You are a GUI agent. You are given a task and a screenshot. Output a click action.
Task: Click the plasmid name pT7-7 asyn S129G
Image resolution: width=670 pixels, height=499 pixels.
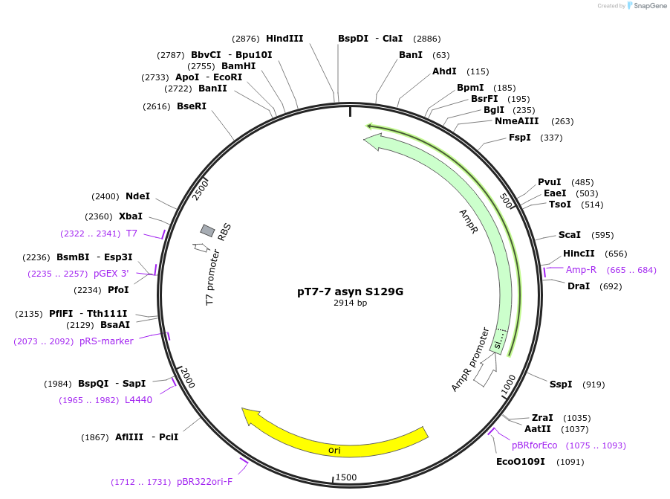coord(350,292)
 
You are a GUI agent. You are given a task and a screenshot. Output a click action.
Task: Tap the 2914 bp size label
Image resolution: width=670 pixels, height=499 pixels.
coord(350,303)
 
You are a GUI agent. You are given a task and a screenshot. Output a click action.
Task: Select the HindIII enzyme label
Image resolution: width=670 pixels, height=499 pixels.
coord(284,38)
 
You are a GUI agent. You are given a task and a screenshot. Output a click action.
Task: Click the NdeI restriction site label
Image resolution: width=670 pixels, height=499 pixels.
coord(137,196)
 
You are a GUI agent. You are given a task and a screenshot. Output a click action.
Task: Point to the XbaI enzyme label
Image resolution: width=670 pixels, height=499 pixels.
coord(131,216)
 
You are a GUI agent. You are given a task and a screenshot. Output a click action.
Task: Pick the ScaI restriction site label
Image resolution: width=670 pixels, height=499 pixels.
coord(570,235)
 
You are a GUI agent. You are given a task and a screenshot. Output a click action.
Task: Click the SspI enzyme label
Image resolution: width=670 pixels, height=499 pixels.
coord(561,384)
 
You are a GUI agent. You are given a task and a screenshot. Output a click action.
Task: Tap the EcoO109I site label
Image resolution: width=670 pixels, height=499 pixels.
coord(521,462)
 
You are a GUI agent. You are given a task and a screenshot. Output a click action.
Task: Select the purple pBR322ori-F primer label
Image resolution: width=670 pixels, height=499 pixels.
coord(204,482)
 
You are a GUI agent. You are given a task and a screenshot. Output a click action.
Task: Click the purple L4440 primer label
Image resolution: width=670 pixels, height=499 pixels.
coord(138,400)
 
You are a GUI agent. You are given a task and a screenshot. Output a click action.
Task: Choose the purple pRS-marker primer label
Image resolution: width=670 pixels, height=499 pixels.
coord(106,341)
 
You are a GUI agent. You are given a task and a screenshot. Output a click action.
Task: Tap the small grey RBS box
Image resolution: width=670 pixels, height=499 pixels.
coord(208,231)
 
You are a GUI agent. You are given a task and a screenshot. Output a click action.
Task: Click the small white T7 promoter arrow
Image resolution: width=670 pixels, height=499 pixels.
coord(200,247)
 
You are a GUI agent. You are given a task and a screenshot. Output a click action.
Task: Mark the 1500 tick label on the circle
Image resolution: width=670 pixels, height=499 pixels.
coord(347,477)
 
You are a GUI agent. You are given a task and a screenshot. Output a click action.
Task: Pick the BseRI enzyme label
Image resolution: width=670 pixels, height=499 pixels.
coord(192,106)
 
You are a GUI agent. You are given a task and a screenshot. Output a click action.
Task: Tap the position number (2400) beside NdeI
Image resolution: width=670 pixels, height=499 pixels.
coord(105,196)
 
